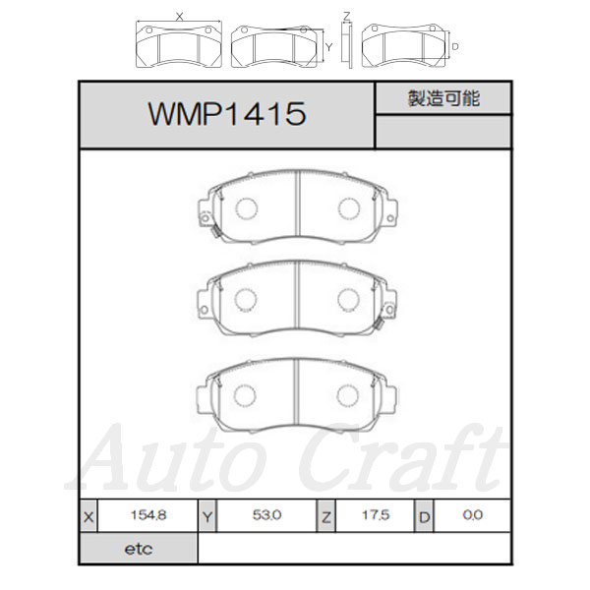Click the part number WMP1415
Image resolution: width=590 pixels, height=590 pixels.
click(227, 114)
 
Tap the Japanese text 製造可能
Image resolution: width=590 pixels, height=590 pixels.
click(443, 98)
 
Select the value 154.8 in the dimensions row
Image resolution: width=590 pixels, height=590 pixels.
click(148, 514)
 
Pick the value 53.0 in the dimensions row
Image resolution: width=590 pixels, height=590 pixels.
click(266, 514)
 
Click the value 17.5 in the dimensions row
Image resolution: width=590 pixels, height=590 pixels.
click(376, 514)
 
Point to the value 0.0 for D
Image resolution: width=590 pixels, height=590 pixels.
click(473, 514)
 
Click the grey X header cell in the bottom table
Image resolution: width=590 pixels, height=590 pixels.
click(88, 516)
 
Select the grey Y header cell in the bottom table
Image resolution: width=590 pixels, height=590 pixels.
click(207, 516)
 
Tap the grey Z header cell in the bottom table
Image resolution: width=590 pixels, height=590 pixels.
click(325, 516)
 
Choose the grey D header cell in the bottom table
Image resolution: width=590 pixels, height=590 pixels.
click(424, 516)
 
